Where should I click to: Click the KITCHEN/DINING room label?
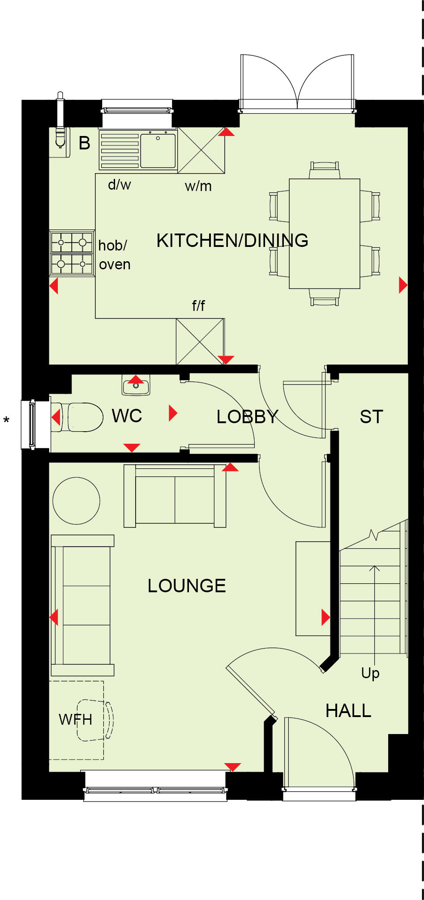click(232, 241)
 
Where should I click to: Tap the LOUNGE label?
click(187, 586)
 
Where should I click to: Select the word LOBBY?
click(247, 417)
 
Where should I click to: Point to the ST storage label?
click(371, 417)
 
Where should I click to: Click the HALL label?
click(348, 711)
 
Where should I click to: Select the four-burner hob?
click(72, 253)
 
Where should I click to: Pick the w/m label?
click(198, 186)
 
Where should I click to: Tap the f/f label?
click(198, 306)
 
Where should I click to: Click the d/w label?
click(120, 184)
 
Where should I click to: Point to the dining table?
click(325, 233)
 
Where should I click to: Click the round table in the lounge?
click(76, 501)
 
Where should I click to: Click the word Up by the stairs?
click(370, 673)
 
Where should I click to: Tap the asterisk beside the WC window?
click(6, 420)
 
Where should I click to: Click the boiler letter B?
click(84, 143)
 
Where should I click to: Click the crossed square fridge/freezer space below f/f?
click(200, 341)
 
